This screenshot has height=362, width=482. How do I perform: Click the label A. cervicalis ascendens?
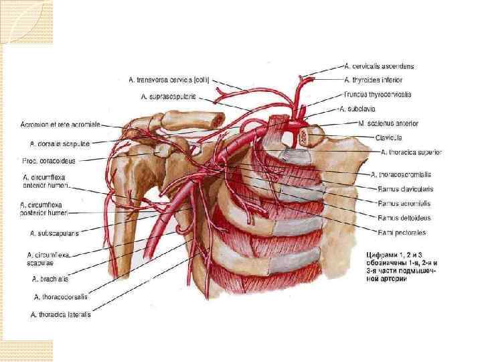click(x=379, y=66)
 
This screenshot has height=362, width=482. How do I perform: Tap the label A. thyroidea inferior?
click(x=376, y=80)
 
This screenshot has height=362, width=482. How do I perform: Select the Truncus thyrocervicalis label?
click(x=378, y=95)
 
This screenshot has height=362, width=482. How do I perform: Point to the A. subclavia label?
click(x=361, y=109)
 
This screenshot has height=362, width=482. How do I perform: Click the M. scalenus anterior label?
click(x=388, y=123)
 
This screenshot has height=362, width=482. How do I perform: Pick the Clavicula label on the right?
click(x=389, y=137)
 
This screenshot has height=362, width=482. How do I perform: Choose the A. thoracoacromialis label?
click(x=401, y=175)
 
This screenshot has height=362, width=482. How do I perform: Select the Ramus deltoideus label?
click(x=404, y=218)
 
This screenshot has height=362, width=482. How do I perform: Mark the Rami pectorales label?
click(x=401, y=233)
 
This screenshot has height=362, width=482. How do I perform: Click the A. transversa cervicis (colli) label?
click(x=169, y=80)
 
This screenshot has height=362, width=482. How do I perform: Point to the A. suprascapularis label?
click(x=168, y=97)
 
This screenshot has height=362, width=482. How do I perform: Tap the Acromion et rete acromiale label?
click(x=60, y=125)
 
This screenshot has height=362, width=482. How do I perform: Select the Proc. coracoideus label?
click(x=49, y=161)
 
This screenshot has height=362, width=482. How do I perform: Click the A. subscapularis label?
click(x=55, y=233)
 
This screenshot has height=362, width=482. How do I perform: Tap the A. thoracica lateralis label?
click(x=60, y=313)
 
